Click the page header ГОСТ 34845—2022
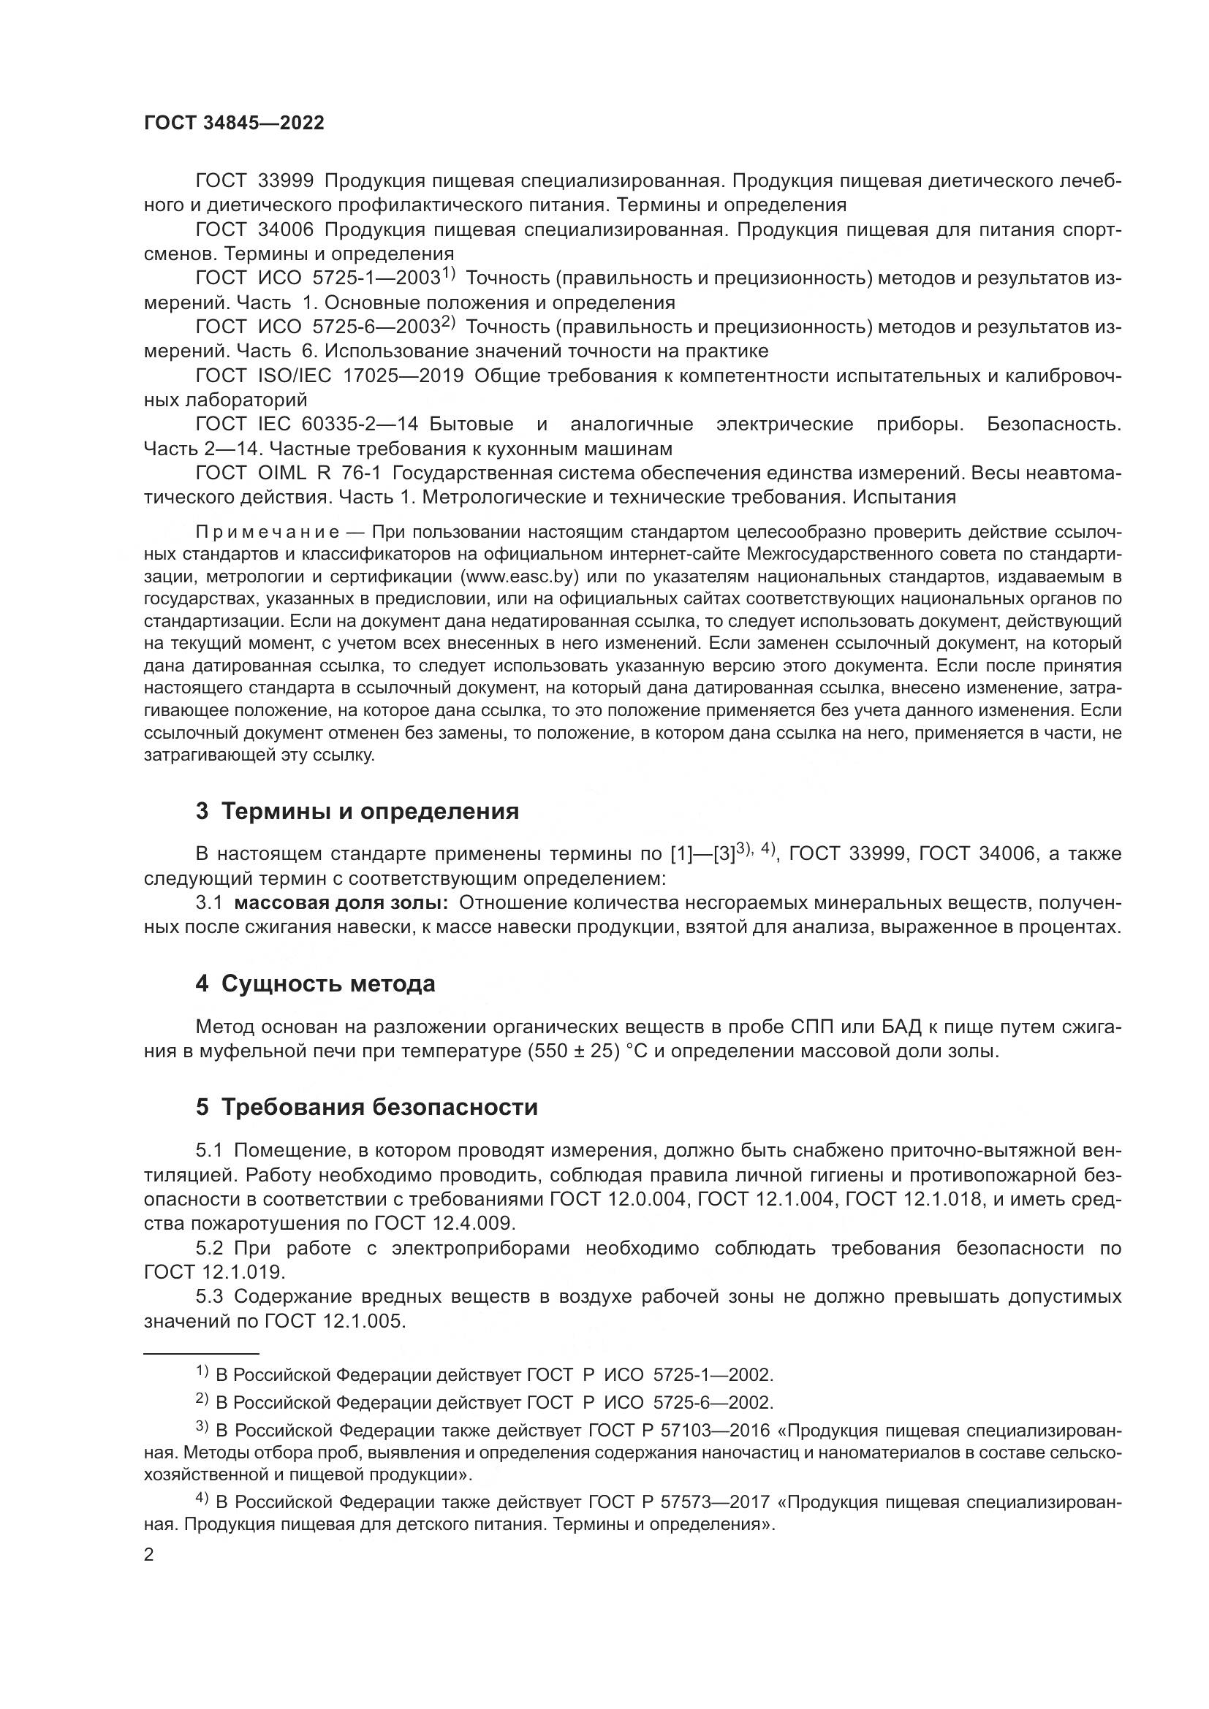click(x=234, y=123)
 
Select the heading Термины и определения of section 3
click(x=370, y=810)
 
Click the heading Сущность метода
click(x=328, y=984)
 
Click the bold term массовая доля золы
click(x=341, y=903)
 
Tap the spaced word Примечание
click(x=268, y=532)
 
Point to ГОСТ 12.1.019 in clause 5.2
click(x=213, y=1272)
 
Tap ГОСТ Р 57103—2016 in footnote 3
click(x=679, y=1431)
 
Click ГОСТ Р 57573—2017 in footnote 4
click(x=679, y=1502)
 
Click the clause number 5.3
click(x=209, y=1297)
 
